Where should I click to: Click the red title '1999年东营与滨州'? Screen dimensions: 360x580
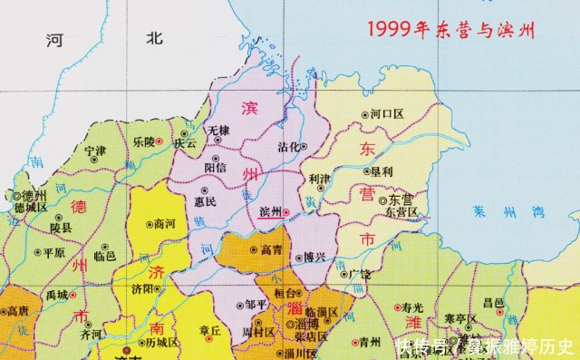tap(450, 28)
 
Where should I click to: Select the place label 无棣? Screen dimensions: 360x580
tap(220, 131)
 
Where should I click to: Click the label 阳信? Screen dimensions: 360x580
tap(216, 167)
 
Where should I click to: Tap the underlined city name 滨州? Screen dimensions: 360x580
tap(270, 212)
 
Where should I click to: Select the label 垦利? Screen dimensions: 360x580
tap(381, 171)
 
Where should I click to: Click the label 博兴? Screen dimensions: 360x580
tap(314, 257)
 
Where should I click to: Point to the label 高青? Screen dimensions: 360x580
tap(271, 249)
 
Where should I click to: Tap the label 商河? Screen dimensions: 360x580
tap(165, 223)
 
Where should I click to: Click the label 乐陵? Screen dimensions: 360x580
tap(143, 142)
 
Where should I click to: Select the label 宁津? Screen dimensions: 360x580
tap(94, 151)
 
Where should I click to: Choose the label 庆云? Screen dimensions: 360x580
tap(186, 142)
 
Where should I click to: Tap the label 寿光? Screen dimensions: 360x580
tap(412, 307)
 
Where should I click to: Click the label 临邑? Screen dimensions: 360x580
tap(106, 257)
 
